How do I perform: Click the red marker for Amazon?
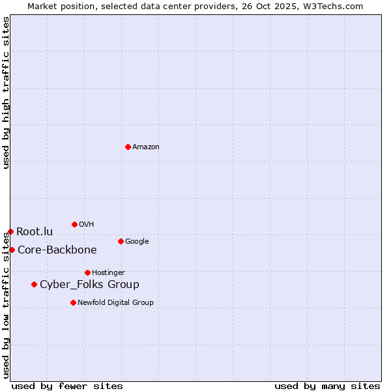(x=128, y=147)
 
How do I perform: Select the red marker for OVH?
(x=74, y=224)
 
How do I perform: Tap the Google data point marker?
(x=121, y=241)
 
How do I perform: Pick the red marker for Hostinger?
(x=87, y=272)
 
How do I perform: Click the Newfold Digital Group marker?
(x=73, y=302)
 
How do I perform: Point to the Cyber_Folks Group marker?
(x=34, y=284)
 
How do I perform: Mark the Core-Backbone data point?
(x=12, y=250)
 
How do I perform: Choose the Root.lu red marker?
(x=10, y=231)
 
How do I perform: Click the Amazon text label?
(x=146, y=147)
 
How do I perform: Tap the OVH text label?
(x=87, y=225)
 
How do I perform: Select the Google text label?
(x=137, y=242)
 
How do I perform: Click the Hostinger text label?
(x=108, y=273)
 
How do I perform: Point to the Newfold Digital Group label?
(x=115, y=303)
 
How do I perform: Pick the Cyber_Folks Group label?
(x=89, y=285)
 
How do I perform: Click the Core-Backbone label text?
(x=57, y=250)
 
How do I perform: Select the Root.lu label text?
(x=35, y=232)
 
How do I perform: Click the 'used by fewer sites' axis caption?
(x=67, y=386)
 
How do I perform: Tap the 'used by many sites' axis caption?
(x=327, y=386)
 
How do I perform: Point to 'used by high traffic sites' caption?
(x=7, y=93)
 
